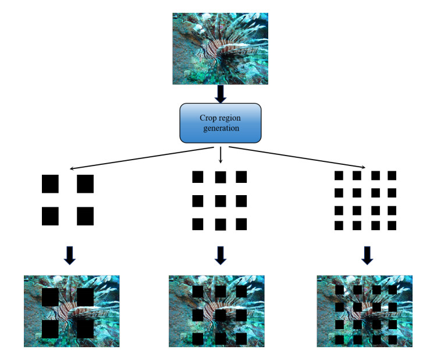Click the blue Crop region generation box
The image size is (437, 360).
tap(220, 123)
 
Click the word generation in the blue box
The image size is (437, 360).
tap(220, 128)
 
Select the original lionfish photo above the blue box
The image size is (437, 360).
tap(220, 49)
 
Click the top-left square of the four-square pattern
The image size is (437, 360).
tap(51, 183)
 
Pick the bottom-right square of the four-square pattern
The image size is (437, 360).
tap(85, 216)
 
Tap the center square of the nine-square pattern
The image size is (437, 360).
tap(221, 201)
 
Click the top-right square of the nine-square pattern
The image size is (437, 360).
tap(241, 177)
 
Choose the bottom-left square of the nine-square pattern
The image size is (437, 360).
tap(198, 224)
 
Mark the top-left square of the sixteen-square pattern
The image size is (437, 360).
tap(339, 175)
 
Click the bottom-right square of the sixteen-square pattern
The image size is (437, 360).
tap(392, 225)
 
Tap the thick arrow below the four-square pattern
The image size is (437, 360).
tap(69, 255)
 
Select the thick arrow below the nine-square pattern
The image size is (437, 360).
tap(220, 254)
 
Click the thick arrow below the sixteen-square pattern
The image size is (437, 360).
tap(367, 254)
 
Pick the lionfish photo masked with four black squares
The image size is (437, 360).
tap(72, 311)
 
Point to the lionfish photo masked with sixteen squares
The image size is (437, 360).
tap(364, 311)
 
